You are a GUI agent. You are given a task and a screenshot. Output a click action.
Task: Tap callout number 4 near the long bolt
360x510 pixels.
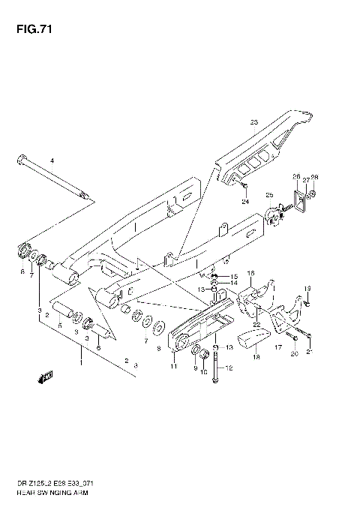click(52, 161)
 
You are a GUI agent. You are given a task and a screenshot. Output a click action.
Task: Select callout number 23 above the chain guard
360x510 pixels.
click(253, 122)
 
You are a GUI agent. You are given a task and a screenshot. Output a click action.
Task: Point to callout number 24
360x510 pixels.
click(244, 201)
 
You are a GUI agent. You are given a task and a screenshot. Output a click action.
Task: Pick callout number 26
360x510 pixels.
click(296, 177)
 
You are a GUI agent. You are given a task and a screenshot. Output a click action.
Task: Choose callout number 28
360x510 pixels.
click(315, 177)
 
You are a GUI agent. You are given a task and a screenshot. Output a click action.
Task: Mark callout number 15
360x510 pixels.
click(234, 277)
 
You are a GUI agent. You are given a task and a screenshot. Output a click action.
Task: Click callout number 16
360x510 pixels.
click(250, 273)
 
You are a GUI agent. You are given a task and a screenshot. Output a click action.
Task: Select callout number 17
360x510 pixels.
click(277, 348)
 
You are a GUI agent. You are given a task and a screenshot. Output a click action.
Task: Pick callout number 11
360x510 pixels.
click(173, 367)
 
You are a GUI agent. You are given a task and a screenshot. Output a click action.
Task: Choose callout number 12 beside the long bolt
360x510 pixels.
click(230, 367)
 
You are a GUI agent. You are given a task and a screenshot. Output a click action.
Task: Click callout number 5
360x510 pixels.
click(59, 326)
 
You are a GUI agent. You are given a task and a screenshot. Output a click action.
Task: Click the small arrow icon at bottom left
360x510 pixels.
click(47, 376)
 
